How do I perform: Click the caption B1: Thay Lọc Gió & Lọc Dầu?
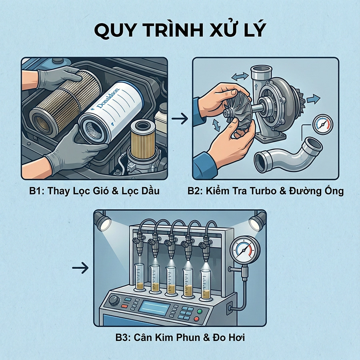pyautogui.click(x=94, y=191)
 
